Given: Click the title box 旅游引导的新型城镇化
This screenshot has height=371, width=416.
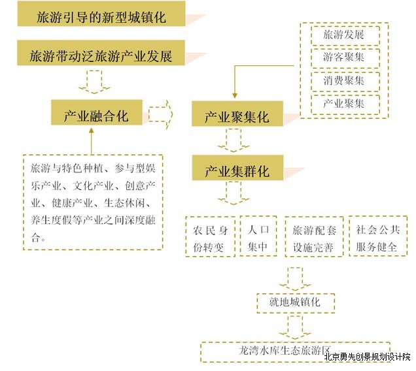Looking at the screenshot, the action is (x=101, y=14).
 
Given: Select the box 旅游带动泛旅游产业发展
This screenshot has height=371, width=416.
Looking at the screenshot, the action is (x=101, y=53).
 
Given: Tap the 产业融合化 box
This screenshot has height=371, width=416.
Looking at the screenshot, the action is (x=97, y=112).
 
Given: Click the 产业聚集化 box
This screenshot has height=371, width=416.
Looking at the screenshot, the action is (x=237, y=114).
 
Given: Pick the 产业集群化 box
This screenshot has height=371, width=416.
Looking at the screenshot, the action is (x=237, y=168).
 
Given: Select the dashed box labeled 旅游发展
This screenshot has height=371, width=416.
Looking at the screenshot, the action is (x=345, y=35).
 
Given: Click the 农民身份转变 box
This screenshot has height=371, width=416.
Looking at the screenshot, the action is (x=211, y=236).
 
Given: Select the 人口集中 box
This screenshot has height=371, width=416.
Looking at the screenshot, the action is (x=258, y=236).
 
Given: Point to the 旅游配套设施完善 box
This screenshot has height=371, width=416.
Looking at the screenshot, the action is (x=314, y=236).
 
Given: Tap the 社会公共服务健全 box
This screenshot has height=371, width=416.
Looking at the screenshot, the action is (x=378, y=236).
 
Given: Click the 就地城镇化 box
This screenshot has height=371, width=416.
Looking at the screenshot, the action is (x=296, y=303).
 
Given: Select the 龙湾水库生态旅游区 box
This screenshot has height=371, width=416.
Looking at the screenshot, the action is (x=295, y=352).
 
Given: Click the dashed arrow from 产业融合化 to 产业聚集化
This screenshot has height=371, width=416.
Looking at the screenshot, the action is (x=160, y=114).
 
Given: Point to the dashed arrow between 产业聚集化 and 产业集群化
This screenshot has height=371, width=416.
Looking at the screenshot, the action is (x=234, y=140).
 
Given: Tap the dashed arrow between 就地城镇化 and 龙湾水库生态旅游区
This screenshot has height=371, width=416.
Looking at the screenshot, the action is (x=295, y=327).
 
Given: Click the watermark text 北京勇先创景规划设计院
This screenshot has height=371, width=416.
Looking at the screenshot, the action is (x=367, y=357).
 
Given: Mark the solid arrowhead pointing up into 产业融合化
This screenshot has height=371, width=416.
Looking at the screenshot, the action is (x=92, y=131).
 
